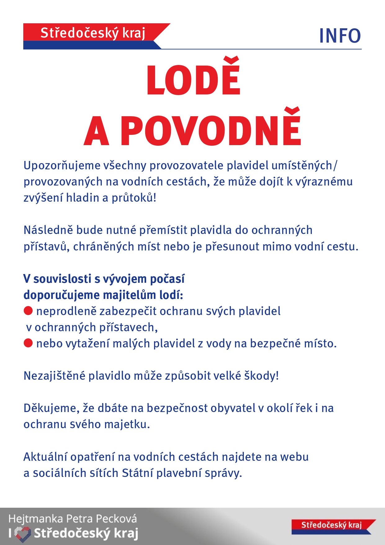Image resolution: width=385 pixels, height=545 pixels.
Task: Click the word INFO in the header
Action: [x=340, y=36]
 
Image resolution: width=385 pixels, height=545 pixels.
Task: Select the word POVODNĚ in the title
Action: [x=211, y=131]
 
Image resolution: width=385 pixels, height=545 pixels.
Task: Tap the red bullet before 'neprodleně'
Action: [x=28, y=311]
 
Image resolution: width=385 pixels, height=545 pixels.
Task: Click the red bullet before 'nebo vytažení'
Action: [x=28, y=343]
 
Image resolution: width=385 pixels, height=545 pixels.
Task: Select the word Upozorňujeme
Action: [x=62, y=166]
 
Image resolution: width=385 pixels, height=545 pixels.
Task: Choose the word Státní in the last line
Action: [x=137, y=473]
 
